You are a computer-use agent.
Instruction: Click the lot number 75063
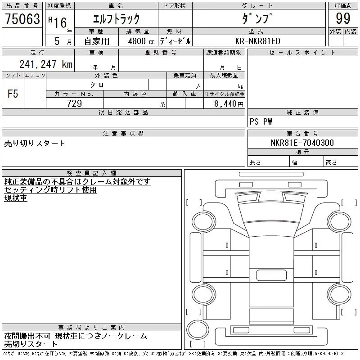[x=22, y=18]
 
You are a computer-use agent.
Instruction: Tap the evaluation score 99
[x=343, y=18]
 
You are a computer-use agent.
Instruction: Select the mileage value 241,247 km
[x=46, y=64]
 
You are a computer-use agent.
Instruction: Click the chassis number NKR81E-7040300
[x=302, y=143]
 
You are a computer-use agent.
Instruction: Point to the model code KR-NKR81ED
[x=258, y=41]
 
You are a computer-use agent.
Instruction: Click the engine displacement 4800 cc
[x=141, y=41]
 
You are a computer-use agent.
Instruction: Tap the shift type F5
[x=13, y=94]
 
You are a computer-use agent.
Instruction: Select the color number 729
[x=74, y=103]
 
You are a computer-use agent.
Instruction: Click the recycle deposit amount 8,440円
[x=229, y=104]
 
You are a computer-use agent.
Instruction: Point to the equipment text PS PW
[x=261, y=121]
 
